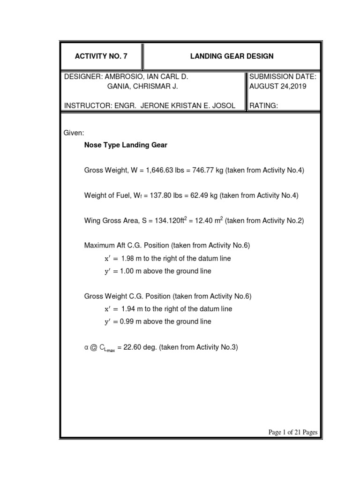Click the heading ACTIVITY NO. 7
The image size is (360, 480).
[101, 56]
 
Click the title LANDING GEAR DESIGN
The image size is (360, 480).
[232, 56]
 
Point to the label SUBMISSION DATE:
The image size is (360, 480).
[283, 76]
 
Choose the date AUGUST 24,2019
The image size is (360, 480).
[278, 87]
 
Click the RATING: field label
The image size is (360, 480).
[264, 106]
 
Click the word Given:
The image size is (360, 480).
[74, 134]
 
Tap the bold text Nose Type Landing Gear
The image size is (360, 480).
[126, 145]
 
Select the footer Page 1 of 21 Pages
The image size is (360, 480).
[292, 432]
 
